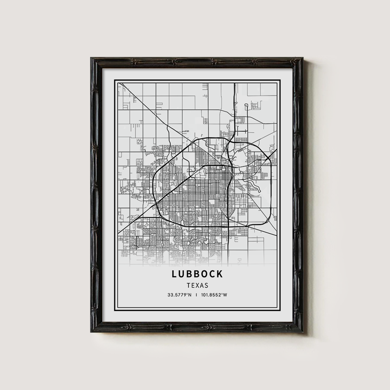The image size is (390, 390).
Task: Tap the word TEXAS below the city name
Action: (197, 285)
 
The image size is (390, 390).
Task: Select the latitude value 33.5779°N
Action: (179, 295)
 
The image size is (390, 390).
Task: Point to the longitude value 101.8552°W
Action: (214, 295)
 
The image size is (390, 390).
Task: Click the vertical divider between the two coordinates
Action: (197, 295)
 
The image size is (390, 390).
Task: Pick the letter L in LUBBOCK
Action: (174, 274)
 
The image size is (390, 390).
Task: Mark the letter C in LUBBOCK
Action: (212, 274)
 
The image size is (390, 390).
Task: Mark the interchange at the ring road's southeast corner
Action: (228, 226)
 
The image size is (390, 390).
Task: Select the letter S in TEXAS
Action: (206, 285)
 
